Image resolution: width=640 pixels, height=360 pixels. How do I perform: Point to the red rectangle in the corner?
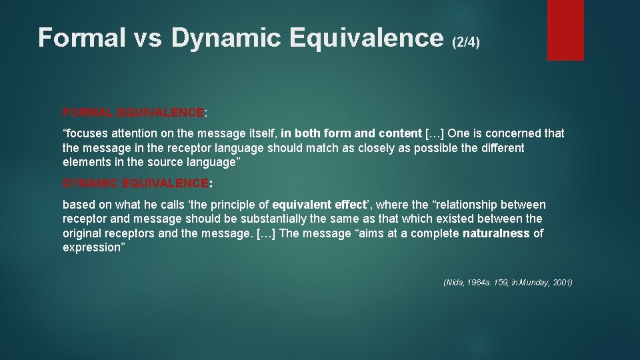[565, 30]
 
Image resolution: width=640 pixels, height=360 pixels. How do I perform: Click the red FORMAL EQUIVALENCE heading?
[133, 112]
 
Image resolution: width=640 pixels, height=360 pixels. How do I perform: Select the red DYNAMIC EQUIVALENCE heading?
[135, 183]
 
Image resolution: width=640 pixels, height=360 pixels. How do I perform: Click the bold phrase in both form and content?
[351, 133]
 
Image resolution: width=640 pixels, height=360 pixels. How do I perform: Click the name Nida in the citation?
[455, 283]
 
